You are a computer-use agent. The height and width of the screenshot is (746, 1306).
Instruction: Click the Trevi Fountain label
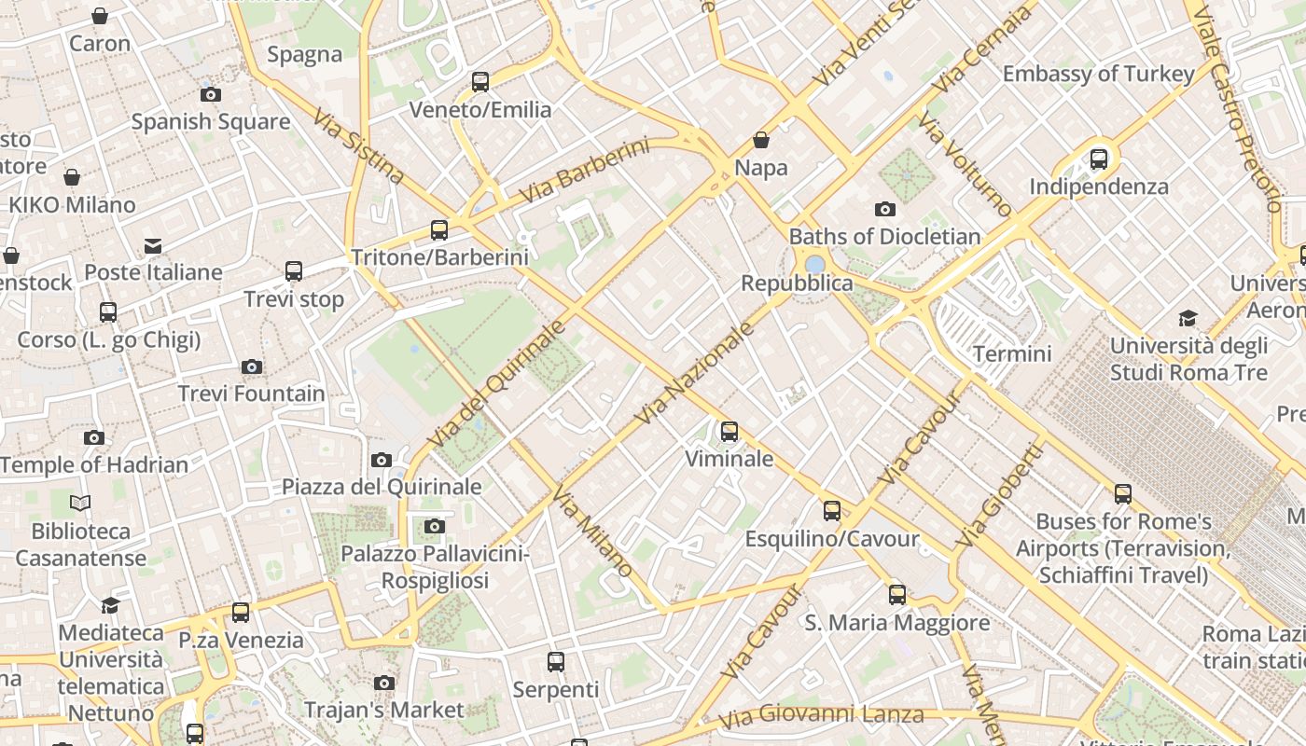point(252,394)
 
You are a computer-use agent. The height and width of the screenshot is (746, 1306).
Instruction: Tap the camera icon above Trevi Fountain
point(252,366)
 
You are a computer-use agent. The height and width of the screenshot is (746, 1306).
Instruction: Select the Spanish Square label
point(210,121)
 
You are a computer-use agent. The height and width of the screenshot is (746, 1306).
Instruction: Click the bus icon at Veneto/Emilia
point(480,82)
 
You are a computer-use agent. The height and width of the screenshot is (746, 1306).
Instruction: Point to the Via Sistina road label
point(358,146)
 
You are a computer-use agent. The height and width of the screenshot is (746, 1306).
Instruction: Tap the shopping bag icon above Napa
point(761,140)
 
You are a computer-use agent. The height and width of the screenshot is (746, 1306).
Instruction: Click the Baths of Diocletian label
point(884,236)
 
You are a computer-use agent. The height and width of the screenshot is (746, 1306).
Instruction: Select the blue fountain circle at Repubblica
point(814,265)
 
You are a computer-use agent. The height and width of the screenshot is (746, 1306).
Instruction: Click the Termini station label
point(1012,353)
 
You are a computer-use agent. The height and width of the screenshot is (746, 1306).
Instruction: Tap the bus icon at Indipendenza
point(1099,159)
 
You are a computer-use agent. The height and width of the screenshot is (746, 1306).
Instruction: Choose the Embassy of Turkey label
point(1098,74)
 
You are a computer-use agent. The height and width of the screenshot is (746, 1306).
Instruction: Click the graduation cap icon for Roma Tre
point(1188,318)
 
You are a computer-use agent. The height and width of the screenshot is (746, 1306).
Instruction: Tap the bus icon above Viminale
point(729,431)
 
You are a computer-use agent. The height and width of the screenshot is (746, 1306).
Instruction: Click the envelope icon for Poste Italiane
point(153,246)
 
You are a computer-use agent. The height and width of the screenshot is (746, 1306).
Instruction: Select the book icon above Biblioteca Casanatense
point(80,504)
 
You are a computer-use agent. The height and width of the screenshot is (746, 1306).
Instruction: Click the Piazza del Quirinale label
point(382,487)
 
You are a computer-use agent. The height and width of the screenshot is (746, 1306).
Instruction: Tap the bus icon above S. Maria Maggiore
point(897,594)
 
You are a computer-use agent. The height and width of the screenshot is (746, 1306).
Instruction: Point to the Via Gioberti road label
point(999,495)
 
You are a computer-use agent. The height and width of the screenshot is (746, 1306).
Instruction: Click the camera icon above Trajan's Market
point(384,683)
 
